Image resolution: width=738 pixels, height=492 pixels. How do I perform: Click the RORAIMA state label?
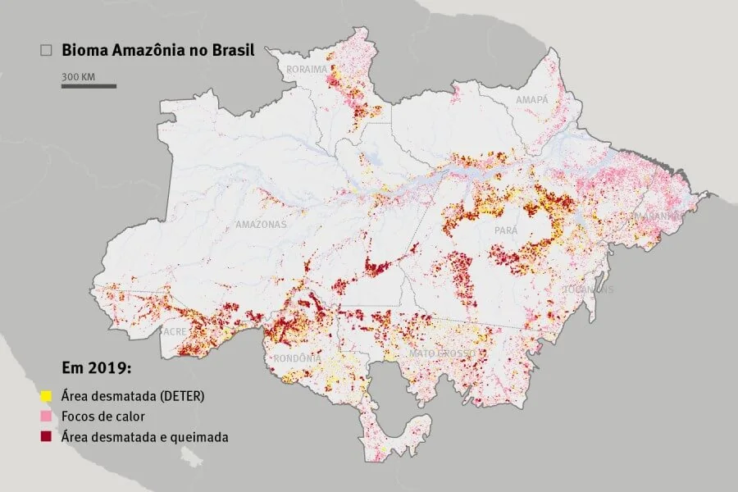307,70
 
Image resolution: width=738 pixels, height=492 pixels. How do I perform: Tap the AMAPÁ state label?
531,99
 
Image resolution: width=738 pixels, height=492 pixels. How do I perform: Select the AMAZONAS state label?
261,224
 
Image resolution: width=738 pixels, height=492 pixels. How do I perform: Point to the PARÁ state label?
506,231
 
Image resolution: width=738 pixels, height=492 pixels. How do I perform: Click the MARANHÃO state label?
655,216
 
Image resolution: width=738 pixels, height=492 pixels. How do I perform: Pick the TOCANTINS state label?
588,289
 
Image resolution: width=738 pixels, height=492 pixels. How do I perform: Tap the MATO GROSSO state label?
442,353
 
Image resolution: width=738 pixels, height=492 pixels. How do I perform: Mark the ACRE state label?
174,332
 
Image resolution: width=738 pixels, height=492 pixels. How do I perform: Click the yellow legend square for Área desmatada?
47,396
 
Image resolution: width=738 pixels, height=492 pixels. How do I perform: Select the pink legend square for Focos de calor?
47,417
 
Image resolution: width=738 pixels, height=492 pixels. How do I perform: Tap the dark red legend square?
47,437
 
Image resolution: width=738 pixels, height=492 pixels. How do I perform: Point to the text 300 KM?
78,76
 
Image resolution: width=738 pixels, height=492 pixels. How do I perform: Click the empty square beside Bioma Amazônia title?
47,51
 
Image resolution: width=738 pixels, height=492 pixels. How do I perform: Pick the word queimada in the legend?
202,437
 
